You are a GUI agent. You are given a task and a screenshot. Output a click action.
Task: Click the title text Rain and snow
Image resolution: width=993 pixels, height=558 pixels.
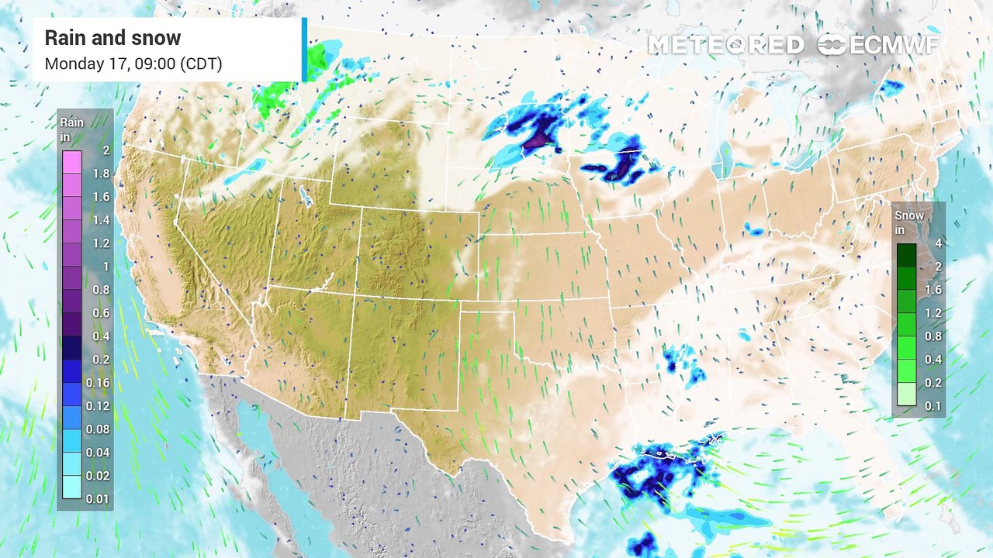click(x=112, y=38)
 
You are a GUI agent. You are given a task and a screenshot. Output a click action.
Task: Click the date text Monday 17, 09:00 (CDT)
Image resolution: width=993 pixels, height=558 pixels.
click(x=133, y=64)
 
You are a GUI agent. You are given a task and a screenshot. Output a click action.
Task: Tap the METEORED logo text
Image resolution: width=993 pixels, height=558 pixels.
click(x=725, y=45)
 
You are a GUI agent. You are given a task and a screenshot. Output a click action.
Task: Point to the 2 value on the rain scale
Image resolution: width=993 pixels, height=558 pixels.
click(x=105, y=150)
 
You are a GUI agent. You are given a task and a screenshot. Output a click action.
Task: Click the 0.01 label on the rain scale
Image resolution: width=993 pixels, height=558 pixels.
click(x=97, y=498)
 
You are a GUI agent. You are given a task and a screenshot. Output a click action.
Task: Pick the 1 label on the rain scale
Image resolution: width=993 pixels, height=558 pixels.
click(x=106, y=267)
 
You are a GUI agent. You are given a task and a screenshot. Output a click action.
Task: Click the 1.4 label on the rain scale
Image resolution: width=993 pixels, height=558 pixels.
click(x=100, y=220)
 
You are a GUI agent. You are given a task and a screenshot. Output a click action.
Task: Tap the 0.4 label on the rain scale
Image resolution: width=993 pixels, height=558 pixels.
click(x=100, y=336)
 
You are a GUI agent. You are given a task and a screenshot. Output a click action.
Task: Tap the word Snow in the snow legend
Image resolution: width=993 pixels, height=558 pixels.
click(x=909, y=215)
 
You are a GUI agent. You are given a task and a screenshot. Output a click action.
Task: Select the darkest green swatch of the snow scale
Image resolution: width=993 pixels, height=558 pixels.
click(x=906, y=255)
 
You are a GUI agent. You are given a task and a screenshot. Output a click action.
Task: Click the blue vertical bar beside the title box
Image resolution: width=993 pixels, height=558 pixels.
click(x=304, y=50)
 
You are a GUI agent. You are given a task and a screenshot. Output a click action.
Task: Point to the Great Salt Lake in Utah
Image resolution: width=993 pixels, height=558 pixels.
click(x=305, y=198)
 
